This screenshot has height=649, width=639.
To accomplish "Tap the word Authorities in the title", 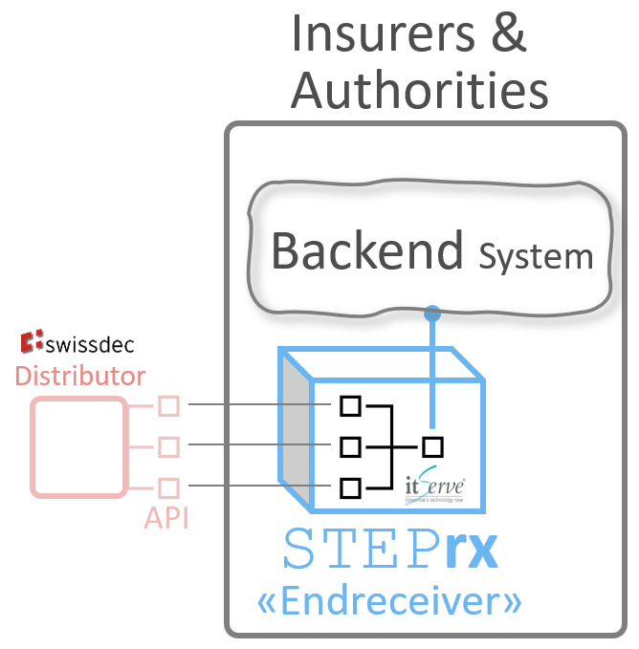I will [420, 90].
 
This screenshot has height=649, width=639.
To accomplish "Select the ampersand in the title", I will [508, 33].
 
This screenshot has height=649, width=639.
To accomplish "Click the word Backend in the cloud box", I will [367, 250].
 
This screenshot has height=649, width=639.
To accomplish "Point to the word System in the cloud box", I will [536, 256].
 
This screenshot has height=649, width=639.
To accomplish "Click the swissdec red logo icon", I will [33, 341].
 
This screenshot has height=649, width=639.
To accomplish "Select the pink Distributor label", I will [80, 375].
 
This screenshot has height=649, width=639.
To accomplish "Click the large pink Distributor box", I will [78, 446].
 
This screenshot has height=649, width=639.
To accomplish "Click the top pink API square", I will [168, 406].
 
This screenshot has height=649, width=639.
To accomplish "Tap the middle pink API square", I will [168, 446].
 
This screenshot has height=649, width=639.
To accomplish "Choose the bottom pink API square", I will [168, 487].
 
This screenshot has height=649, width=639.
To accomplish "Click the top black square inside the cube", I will [350, 406].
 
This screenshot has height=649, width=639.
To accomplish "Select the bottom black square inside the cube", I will [350, 487].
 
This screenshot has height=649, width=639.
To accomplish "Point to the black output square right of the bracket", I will [433, 445].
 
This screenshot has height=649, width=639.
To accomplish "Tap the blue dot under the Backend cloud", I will [432, 313].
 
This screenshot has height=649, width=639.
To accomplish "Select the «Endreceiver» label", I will [390, 602].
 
